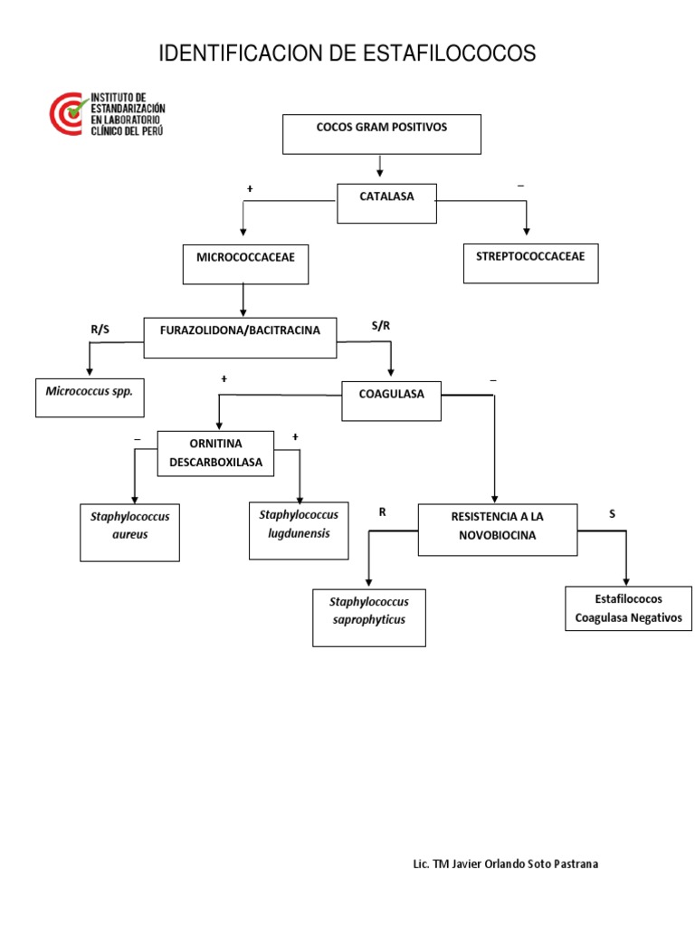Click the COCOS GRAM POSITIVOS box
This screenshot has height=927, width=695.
click(382, 134)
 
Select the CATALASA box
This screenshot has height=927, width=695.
click(386, 203)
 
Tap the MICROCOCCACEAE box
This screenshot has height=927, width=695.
click(244, 263)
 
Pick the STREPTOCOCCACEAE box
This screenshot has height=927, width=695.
click(530, 263)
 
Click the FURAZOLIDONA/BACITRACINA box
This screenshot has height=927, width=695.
click(240, 337)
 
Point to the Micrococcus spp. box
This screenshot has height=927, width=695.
click(90, 397)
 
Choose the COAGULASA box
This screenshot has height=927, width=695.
click(391, 400)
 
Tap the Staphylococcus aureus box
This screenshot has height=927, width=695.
click(130, 531)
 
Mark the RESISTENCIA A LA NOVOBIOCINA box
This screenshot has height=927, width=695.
click(497, 529)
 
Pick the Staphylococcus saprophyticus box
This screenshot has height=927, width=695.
click(368, 616)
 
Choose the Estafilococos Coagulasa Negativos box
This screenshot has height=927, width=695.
click(628, 607)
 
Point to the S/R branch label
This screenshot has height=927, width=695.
click(381, 324)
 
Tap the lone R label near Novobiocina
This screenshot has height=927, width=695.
click(383, 512)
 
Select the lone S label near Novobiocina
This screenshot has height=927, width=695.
click(612, 513)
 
